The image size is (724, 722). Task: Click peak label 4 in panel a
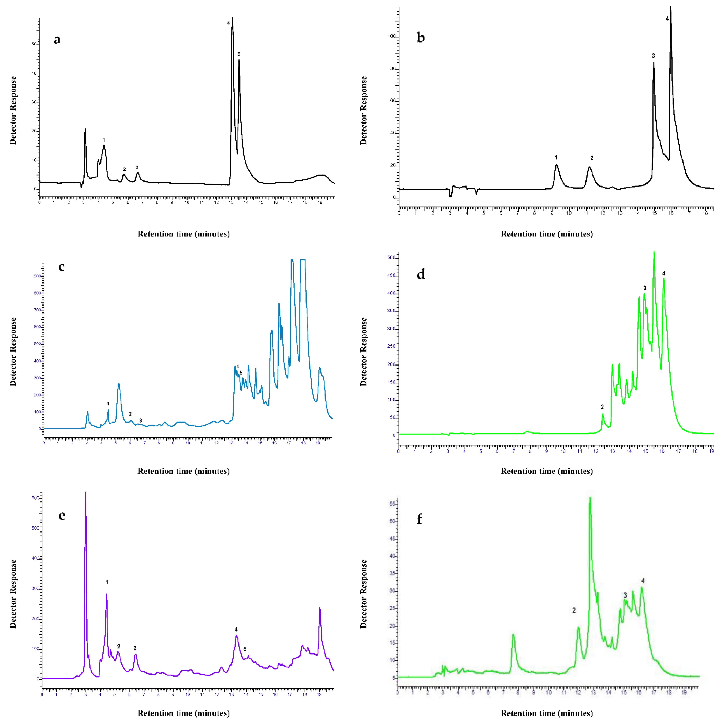(x=228, y=23)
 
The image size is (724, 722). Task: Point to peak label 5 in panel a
(x=239, y=55)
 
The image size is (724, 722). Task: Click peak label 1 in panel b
(x=556, y=158)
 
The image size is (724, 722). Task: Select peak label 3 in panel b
(x=654, y=56)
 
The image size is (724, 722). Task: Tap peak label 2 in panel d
(x=602, y=407)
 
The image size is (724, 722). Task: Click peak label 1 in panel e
(x=107, y=582)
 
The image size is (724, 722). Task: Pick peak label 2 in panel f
(x=574, y=610)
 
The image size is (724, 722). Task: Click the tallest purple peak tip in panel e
(x=85, y=493)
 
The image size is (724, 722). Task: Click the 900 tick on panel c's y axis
(x=38, y=276)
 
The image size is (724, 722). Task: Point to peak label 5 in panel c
(x=241, y=373)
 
